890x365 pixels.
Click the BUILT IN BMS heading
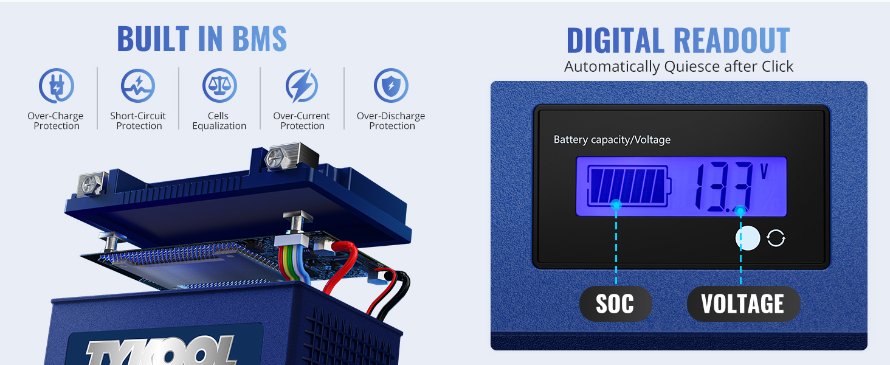click(x=202, y=39)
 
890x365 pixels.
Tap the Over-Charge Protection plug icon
click(x=56, y=86)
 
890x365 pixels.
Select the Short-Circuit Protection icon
click(x=138, y=86)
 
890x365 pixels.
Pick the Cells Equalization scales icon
click(x=219, y=86)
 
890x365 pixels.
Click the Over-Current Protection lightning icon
click(x=302, y=86)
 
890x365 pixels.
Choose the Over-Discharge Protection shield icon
click(x=391, y=86)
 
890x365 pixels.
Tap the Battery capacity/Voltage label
click(x=612, y=140)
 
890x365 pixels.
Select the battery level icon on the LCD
click(x=627, y=186)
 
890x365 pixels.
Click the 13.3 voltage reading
click(x=723, y=187)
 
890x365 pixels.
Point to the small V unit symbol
click(x=764, y=170)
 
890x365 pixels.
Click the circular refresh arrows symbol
click(x=776, y=238)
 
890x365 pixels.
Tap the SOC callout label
click(x=615, y=304)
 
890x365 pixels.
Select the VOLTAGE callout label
click(x=743, y=304)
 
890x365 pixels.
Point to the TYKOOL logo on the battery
click(x=161, y=352)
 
